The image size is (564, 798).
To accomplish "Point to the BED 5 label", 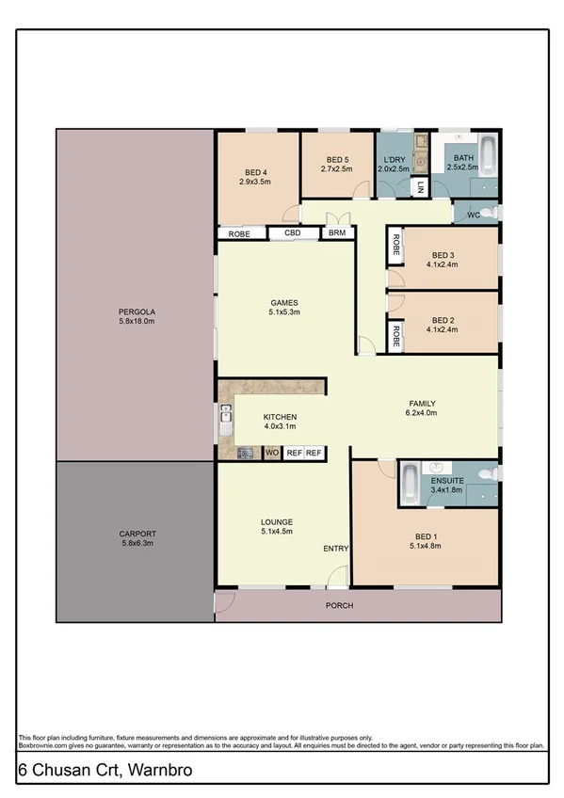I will click(337, 160).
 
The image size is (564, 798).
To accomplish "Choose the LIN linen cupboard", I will click(409, 187).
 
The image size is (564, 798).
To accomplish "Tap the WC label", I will click(474, 215).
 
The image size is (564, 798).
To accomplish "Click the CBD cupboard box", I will click(293, 233).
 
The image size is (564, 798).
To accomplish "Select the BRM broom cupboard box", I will click(336, 233).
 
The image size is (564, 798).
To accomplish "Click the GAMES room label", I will click(283, 303).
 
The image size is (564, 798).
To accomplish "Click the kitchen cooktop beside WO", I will click(245, 454).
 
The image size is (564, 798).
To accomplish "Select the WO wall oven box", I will click(272, 454).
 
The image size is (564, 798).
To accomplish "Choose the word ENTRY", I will click(336, 549).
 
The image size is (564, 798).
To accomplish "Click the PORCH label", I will click(340, 605).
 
